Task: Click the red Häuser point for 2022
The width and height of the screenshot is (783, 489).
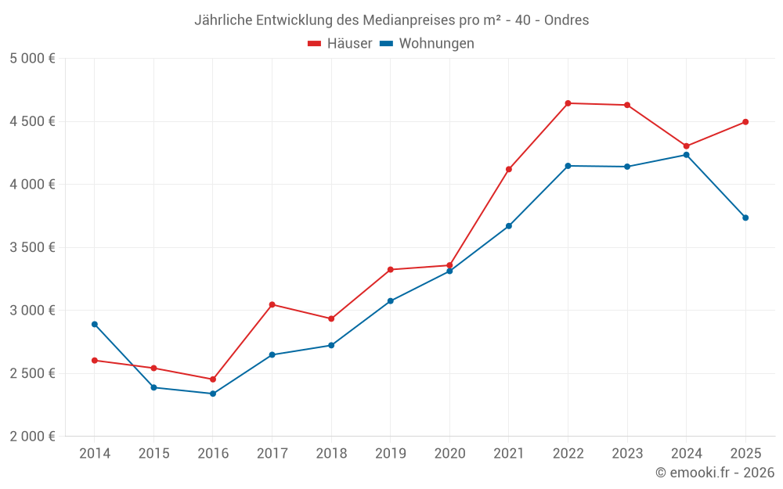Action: pyautogui.click(x=568, y=103)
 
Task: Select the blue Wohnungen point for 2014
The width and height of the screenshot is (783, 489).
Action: pyautogui.click(x=95, y=324)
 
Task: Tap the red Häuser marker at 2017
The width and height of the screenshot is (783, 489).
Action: pyautogui.click(x=272, y=304)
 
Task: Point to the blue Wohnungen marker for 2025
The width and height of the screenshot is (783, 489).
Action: pyautogui.click(x=745, y=218)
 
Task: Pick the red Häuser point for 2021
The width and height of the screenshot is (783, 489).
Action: pyautogui.click(x=509, y=169)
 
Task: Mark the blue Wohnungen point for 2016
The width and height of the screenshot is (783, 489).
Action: pyautogui.click(x=213, y=394)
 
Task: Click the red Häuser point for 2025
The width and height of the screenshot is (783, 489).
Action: pyautogui.click(x=745, y=122)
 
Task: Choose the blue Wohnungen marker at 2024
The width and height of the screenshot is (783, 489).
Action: pyautogui.click(x=687, y=155)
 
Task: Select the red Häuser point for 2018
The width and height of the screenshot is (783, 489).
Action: pyautogui.click(x=331, y=318)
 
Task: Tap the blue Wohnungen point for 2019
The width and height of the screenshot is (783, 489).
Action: pyautogui.click(x=391, y=300)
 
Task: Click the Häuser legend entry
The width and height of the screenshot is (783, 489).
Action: pyautogui.click(x=340, y=44)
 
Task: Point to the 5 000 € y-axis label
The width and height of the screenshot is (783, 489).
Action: pyautogui.click(x=32, y=59)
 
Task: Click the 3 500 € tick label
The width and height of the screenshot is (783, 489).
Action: pyautogui.click(x=32, y=247)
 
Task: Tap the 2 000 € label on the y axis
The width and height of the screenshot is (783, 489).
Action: pyautogui.click(x=32, y=437)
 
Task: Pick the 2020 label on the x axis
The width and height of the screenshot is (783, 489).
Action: pyautogui.click(x=449, y=454)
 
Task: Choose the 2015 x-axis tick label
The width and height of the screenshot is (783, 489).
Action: pyautogui.click(x=153, y=454)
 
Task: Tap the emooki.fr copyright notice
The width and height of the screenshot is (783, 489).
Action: pyautogui.click(x=715, y=473)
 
